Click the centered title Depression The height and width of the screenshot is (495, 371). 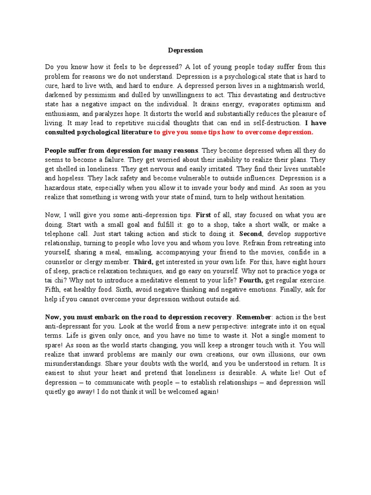[185, 50]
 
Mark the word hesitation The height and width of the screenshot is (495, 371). [288, 197]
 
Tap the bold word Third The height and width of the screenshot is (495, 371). [143, 262]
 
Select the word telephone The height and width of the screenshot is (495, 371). [61, 234]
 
